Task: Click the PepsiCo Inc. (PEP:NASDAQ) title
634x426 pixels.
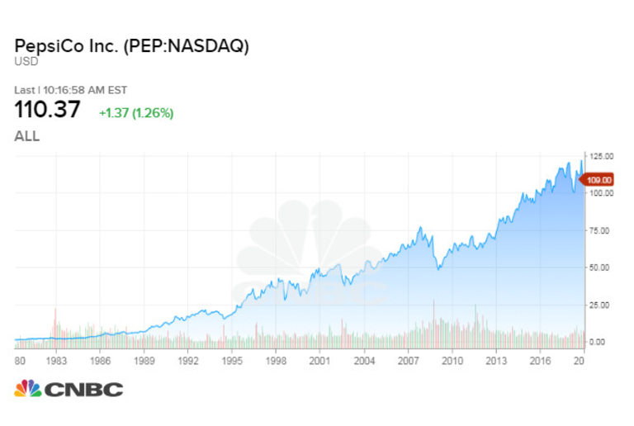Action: point(131,46)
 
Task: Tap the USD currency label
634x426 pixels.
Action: point(25,61)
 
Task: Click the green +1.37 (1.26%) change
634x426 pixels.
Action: point(136,112)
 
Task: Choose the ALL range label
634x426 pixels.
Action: point(27,136)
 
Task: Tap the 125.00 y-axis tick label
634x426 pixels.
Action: point(600,156)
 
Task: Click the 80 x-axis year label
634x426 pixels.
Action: point(20,360)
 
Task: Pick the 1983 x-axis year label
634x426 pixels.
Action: point(56,360)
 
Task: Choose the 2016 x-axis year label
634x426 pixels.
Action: point(541,360)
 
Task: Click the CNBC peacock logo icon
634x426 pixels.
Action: point(28,388)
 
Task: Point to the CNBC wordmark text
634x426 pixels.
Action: point(83,389)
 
